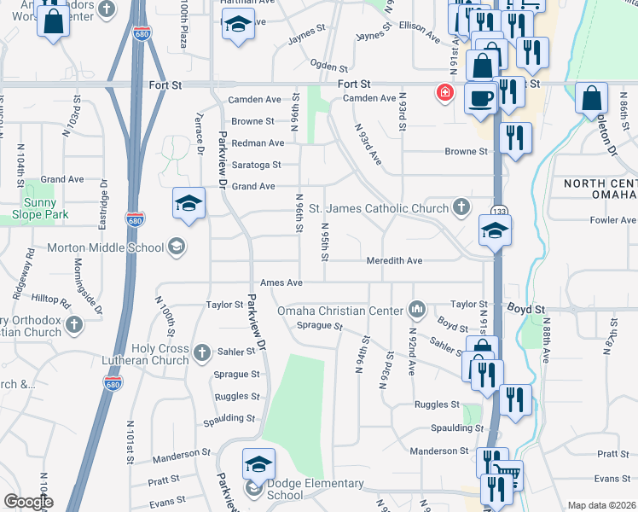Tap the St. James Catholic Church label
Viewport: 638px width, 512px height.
(x=378, y=208)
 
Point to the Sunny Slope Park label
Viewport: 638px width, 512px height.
(x=46, y=209)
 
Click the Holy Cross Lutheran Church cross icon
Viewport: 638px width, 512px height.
(x=202, y=352)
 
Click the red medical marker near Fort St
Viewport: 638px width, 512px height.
(x=444, y=92)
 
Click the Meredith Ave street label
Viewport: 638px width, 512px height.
(x=394, y=260)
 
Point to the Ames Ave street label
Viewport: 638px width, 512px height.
(x=282, y=282)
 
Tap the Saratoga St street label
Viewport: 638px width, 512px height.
(x=252, y=165)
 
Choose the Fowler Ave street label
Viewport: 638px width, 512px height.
(x=612, y=220)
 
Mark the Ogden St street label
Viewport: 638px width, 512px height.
(x=329, y=66)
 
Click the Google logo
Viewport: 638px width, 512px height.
(x=27, y=502)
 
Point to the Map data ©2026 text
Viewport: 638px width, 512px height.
(x=600, y=505)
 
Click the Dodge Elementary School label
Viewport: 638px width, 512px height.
(x=304, y=489)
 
